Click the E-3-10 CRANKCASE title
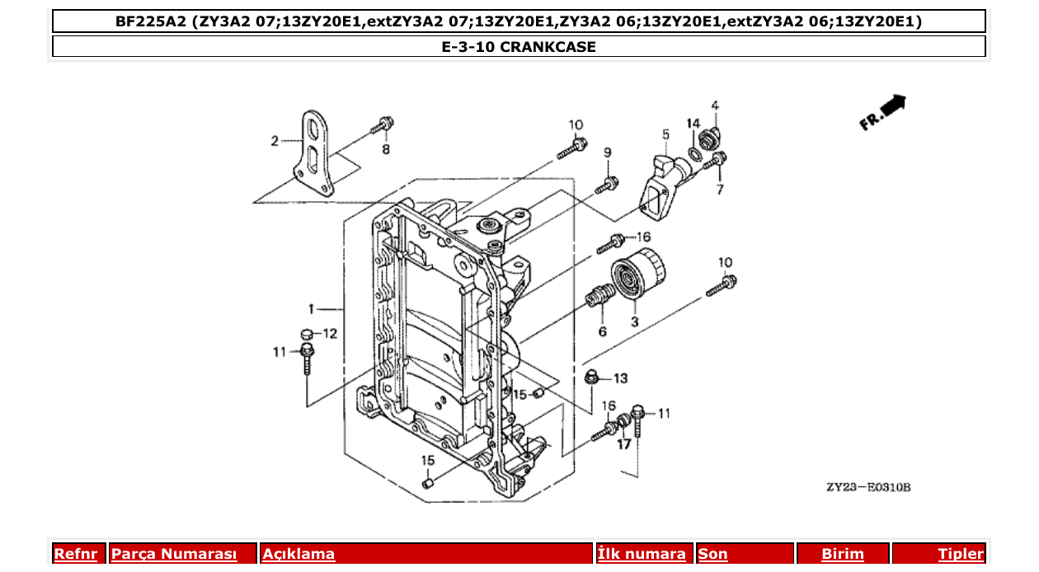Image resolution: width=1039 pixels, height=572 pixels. click(519, 47)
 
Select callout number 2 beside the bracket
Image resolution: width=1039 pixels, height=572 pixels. click(275, 141)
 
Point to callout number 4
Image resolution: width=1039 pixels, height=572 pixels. click(715, 105)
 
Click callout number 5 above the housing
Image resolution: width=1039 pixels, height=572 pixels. click(665, 134)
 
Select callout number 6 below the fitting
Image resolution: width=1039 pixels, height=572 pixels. click(602, 331)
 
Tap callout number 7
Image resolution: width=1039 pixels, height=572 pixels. click(719, 190)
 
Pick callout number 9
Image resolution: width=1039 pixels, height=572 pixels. click(607, 152)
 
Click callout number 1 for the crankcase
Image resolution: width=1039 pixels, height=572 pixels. click(312, 309)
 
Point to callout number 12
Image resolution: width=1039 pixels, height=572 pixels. click(330, 334)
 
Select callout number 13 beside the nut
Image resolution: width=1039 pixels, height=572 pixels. click(619, 378)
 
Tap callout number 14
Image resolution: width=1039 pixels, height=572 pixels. click(693, 124)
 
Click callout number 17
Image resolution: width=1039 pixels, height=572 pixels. click(623, 444)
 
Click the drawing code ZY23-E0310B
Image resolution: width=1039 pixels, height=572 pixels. click(868, 487)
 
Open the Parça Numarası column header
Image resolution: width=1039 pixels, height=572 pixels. click(174, 554)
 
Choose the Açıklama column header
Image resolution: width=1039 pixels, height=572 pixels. click(299, 554)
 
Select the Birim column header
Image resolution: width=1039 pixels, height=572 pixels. click(842, 554)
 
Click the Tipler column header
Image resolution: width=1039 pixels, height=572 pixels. click(960, 554)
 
